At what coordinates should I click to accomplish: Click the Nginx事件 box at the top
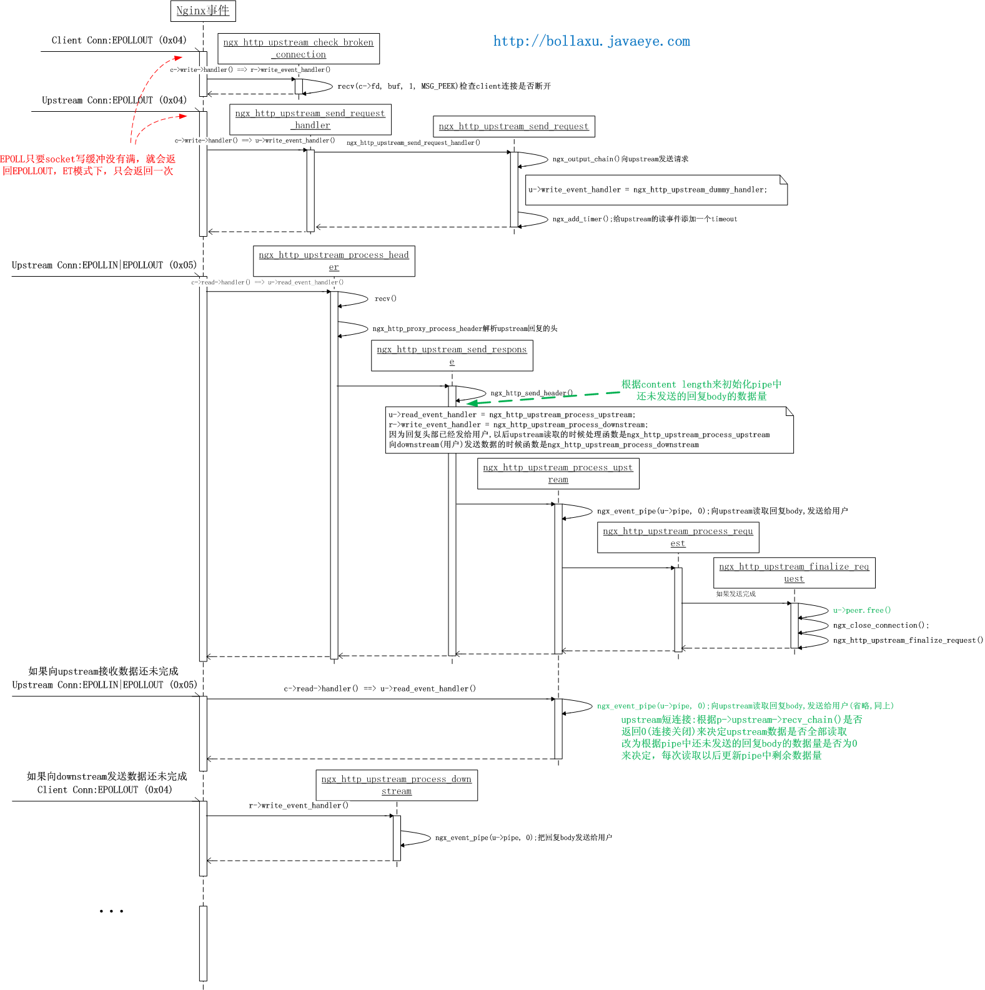tap(203, 11)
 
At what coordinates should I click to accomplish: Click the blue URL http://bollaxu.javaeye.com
tap(591, 41)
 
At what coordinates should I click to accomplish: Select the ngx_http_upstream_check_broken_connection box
tap(299, 48)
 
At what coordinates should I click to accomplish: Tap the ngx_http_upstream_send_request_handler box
tap(310, 119)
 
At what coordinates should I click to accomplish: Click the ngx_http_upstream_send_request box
tap(513, 126)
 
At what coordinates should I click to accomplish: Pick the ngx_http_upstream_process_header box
tap(334, 260)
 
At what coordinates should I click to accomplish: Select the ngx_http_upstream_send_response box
tap(452, 355)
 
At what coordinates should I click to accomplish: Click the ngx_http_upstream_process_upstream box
tap(558, 473)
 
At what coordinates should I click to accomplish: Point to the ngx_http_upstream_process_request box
tap(678, 537)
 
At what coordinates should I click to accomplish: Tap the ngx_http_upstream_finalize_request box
tap(794, 572)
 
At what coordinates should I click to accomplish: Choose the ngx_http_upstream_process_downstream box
tap(397, 785)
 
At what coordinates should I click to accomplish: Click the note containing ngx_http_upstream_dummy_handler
tap(656, 190)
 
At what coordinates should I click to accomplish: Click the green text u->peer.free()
tap(862, 610)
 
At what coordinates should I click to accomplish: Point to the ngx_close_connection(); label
tap(881, 625)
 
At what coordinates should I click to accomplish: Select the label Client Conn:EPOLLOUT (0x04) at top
tap(119, 40)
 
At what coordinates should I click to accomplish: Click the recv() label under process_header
tap(385, 299)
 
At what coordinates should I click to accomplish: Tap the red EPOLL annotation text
tap(87, 165)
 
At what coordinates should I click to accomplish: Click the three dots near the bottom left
tap(111, 911)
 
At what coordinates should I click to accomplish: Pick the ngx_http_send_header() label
tap(532, 393)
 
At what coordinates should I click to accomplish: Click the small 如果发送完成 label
tap(736, 594)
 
